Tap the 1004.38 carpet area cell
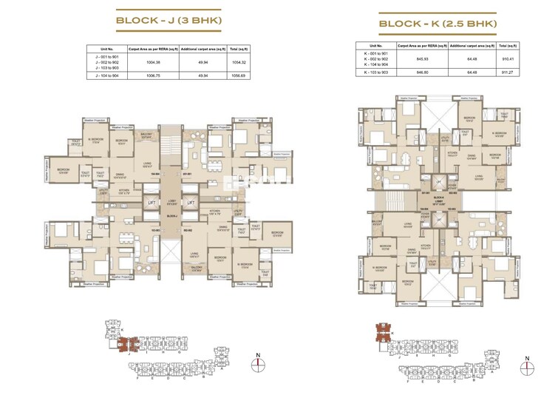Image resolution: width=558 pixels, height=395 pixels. tap(154, 62)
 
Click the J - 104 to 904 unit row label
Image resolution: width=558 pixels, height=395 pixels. tap(107, 75)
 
